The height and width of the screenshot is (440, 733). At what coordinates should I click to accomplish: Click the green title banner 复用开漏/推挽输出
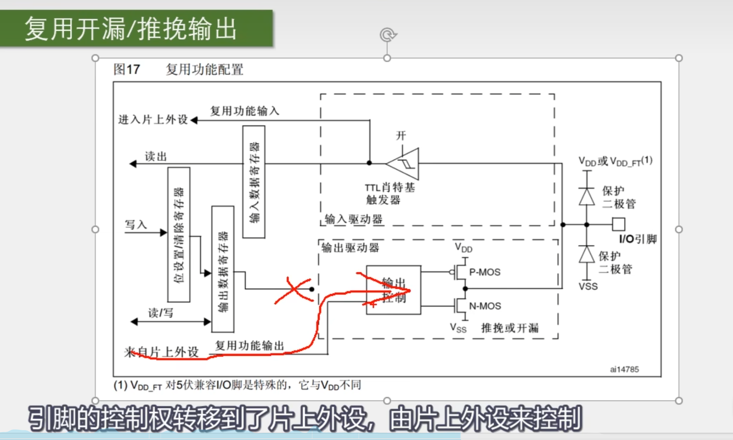[136, 29]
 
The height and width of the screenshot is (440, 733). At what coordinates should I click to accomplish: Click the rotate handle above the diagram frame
[388, 35]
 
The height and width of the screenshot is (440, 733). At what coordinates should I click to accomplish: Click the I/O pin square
[618, 225]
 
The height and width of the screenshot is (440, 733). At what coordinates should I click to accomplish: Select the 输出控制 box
[393, 290]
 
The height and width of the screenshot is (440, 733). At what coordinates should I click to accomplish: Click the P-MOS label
[484, 272]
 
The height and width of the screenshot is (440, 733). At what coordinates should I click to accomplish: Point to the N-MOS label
[485, 306]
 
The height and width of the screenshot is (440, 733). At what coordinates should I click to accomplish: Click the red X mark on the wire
[294, 290]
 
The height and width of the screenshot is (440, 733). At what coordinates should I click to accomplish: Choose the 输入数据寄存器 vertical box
[254, 182]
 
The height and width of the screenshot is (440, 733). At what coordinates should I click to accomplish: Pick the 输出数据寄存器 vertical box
[223, 269]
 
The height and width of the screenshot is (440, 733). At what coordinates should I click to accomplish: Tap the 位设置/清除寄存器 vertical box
[179, 234]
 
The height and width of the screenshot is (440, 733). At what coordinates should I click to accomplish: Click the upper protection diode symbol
[586, 196]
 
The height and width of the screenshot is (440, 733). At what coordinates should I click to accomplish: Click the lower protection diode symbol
[586, 255]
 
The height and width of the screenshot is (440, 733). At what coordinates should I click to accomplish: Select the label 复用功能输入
[244, 111]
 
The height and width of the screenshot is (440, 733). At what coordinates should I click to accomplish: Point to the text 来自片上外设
[161, 352]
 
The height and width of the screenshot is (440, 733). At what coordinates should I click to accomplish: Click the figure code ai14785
[624, 369]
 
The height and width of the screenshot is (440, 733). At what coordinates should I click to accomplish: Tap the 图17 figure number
[127, 69]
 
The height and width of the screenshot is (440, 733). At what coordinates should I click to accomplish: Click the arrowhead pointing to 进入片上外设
[194, 120]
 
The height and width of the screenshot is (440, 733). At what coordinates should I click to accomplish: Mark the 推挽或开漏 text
[510, 328]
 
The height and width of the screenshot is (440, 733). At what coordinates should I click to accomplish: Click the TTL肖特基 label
[390, 187]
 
